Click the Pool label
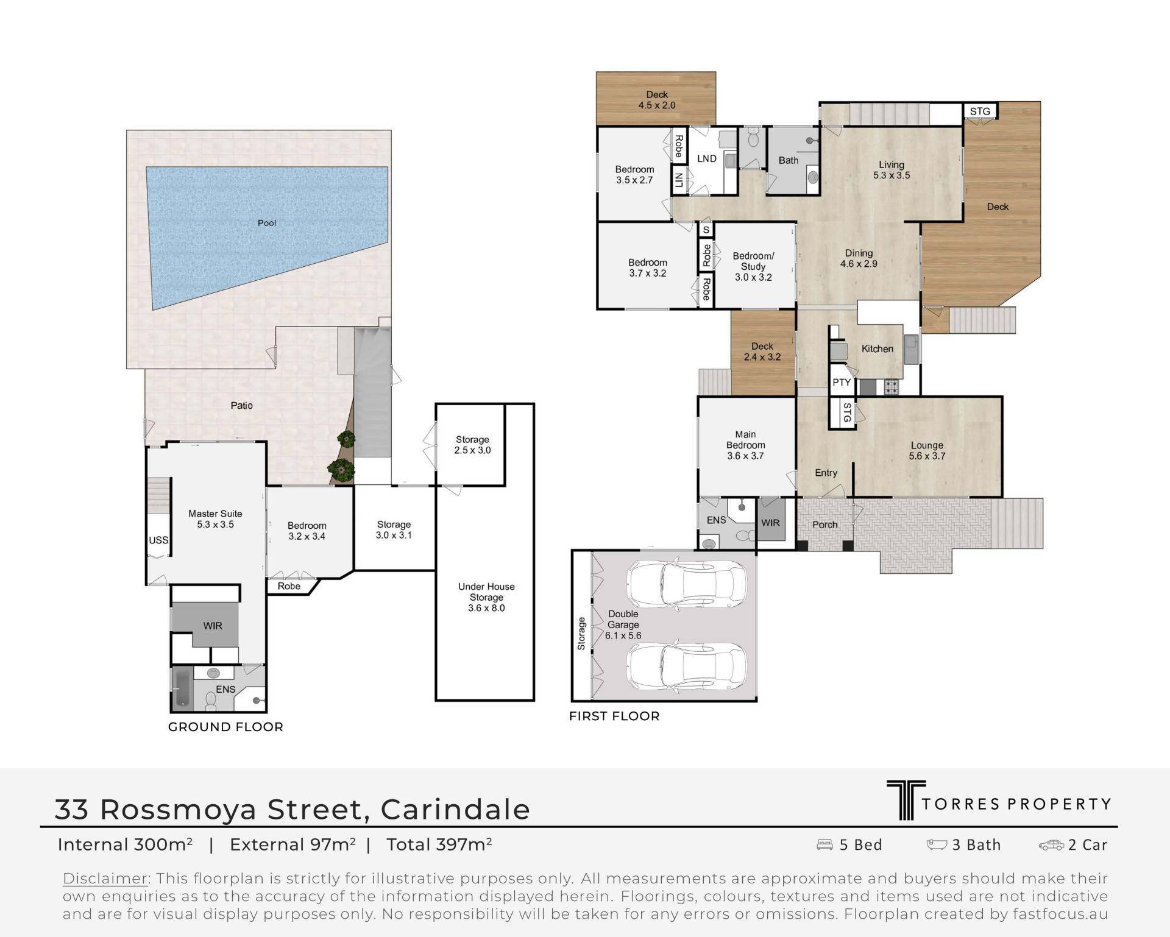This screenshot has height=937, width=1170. click(x=267, y=223)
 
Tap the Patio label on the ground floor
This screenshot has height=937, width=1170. click(x=242, y=405)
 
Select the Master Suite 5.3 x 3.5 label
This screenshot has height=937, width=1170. click(x=215, y=519)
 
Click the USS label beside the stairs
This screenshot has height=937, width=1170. click(x=158, y=540)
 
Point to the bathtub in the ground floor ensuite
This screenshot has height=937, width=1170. click(x=183, y=689)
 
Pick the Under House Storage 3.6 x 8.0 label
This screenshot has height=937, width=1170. click(x=486, y=597)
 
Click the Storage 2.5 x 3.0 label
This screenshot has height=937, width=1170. click(x=472, y=445)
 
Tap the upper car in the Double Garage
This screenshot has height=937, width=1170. click(x=687, y=585)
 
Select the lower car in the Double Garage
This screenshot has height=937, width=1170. click(x=687, y=667)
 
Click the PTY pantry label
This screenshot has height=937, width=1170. click(x=842, y=383)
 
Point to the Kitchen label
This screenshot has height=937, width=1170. click(x=877, y=349)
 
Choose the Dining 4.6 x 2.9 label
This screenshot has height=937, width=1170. click(x=859, y=258)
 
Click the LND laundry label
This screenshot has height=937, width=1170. click(x=707, y=159)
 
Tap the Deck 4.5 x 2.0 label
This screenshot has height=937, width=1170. click(x=657, y=100)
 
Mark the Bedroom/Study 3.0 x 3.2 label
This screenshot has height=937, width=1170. click(x=753, y=267)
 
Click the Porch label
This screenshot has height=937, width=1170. click(x=825, y=525)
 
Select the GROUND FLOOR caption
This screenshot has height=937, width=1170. click(x=225, y=727)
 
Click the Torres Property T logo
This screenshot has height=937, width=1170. click(x=906, y=801)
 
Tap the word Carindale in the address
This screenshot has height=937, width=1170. click(x=455, y=810)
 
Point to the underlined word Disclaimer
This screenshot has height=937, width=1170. click(x=105, y=879)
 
